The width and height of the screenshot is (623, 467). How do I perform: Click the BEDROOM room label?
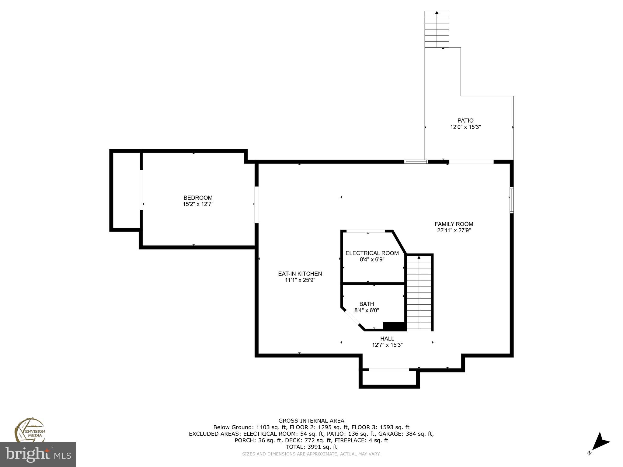198,198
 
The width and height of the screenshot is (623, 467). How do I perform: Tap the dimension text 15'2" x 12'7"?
198,204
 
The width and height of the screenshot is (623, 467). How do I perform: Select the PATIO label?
465,120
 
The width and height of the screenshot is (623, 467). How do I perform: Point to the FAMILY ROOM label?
454,224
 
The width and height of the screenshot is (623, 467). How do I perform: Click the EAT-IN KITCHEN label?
300,274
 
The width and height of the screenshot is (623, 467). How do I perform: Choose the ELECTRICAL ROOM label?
372,253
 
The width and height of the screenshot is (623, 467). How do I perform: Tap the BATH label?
367,304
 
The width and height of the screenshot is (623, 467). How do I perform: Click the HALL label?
387,338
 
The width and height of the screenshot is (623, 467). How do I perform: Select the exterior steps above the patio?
437,29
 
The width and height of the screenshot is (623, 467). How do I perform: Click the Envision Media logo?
30,430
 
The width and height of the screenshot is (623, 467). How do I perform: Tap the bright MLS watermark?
38,455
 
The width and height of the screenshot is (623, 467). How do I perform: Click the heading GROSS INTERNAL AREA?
311,420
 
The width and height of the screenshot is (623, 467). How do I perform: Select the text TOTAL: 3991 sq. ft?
311,447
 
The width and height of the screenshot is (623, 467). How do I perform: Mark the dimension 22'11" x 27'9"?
454,230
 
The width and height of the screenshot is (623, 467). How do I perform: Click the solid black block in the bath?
395,326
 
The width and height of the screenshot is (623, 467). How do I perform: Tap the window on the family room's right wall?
512,200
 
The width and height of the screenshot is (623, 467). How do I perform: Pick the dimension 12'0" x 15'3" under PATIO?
465,127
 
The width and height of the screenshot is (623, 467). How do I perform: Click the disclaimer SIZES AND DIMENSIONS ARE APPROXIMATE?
311,454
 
